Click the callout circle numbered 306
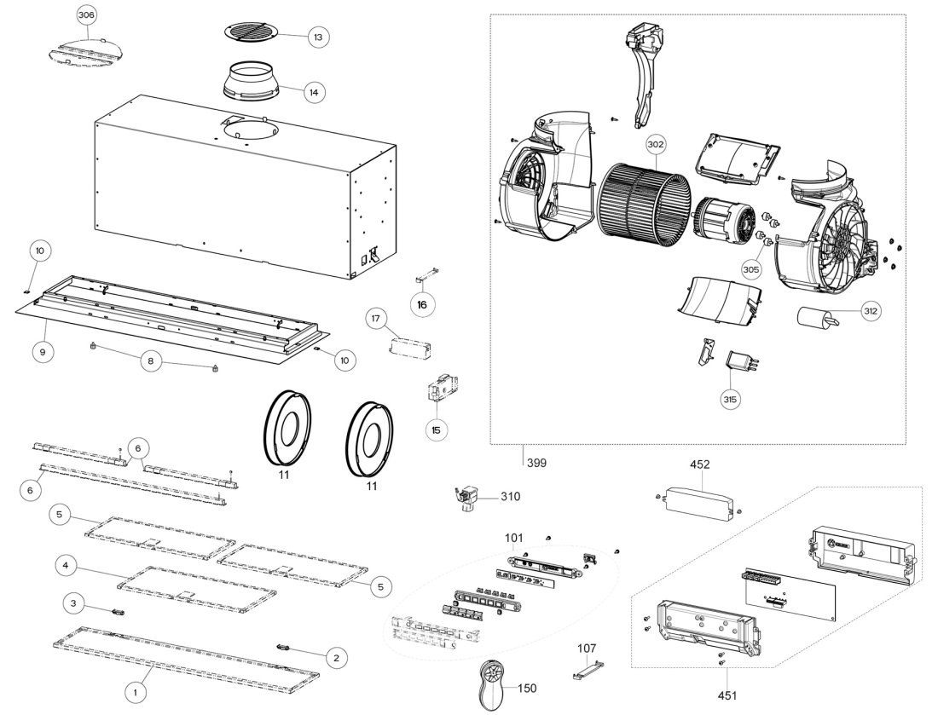[x=86, y=15]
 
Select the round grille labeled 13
[x=252, y=32]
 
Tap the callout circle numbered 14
[x=314, y=92]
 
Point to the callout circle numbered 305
[x=750, y=269]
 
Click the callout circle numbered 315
[x=730, y=400]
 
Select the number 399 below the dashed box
[x=536, y=463]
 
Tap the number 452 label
[x=700, y=464]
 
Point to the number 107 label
[x=587, y=648]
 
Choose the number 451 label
[x=727, y=695]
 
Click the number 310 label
[x=510, y=496]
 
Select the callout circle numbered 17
[x=376, y=319]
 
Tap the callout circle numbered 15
[x=436, y=430]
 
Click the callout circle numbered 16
[x=422, y=305]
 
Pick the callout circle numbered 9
[x=43, y=352]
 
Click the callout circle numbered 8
[x=151, y=361]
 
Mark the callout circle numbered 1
[x=136, y=692]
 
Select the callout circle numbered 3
[x=73, y=603]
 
